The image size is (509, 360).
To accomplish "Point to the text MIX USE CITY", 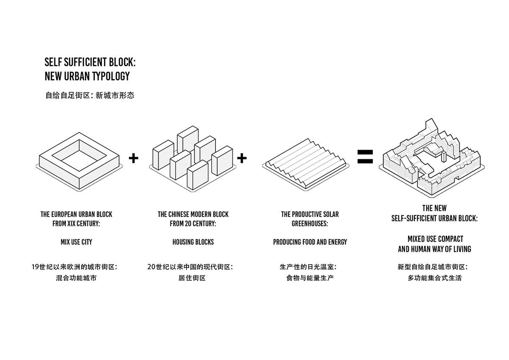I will coord(76,242).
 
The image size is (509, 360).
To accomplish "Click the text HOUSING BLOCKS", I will coord(193,242).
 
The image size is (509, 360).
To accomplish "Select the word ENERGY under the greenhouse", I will coord(337,242).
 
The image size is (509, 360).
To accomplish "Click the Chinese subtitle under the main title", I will coord(89,95).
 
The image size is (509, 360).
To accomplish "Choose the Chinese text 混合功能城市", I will coord(76,279).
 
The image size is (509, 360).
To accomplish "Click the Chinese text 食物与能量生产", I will coord(310,279).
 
